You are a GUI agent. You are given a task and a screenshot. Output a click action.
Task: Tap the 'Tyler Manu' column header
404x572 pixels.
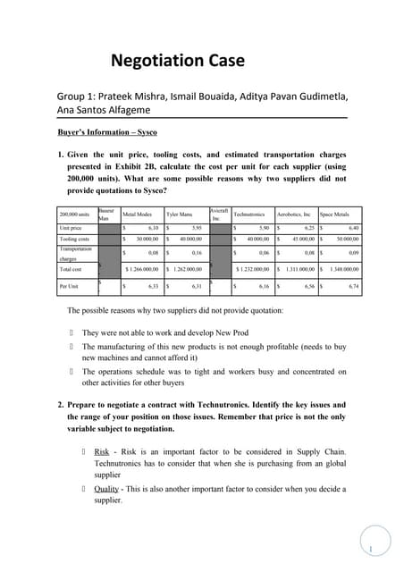pyautogui.click(x=180, y=215)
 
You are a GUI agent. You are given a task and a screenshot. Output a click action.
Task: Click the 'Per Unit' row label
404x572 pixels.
pyautogui.click(x=70, y=286)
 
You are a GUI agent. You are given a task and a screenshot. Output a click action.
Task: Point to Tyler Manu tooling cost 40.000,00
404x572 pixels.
pyautogui.click(x=189, y=240)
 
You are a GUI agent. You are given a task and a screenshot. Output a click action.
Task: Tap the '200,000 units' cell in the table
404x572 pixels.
pyautogui.click(x=75, y=215)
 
